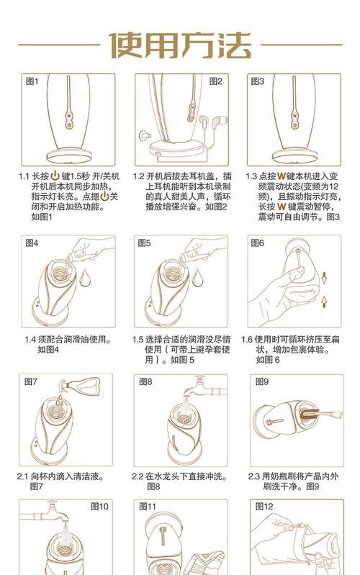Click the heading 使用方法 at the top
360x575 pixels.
tap(179, 44)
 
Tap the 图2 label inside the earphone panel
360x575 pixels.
tap(216, 81)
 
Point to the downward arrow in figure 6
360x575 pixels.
tap(324, 276)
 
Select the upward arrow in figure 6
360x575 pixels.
tap(324, 301)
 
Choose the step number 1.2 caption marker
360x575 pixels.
tap(138, 176)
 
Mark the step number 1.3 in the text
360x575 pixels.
tap(251, 176)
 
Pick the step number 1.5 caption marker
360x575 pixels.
tap(138, 340)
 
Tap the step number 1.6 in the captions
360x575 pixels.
tap(248, 340)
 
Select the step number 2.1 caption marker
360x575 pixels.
tap(23, 476)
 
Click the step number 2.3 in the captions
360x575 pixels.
tap(254, 476)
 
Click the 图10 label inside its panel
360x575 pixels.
tap(99, 506)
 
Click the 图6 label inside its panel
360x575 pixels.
tap(258, 243)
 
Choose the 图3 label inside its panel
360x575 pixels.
tap(258, 81)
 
